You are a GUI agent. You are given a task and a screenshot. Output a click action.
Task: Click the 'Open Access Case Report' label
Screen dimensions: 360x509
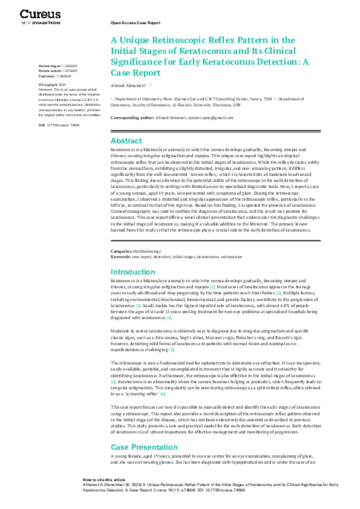[x=135, y=22]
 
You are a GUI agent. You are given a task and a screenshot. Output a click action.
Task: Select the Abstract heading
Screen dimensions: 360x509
[x=126, y=140]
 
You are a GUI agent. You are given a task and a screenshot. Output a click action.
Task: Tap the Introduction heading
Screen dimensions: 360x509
[x=133, y=272]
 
